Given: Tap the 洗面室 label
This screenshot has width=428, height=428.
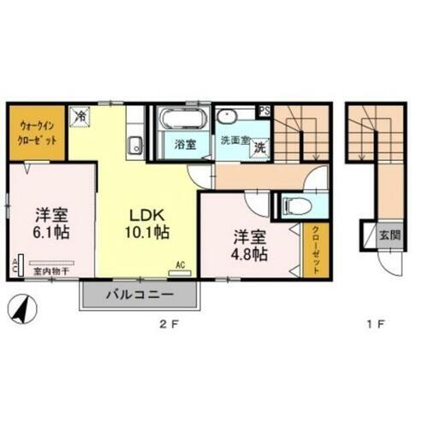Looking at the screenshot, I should pos(232,139).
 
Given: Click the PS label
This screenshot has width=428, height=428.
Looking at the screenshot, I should pos(265,110).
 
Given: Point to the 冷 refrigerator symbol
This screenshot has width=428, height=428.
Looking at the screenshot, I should pos(83,112).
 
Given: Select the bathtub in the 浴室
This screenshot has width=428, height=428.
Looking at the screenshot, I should pos(180,120).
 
